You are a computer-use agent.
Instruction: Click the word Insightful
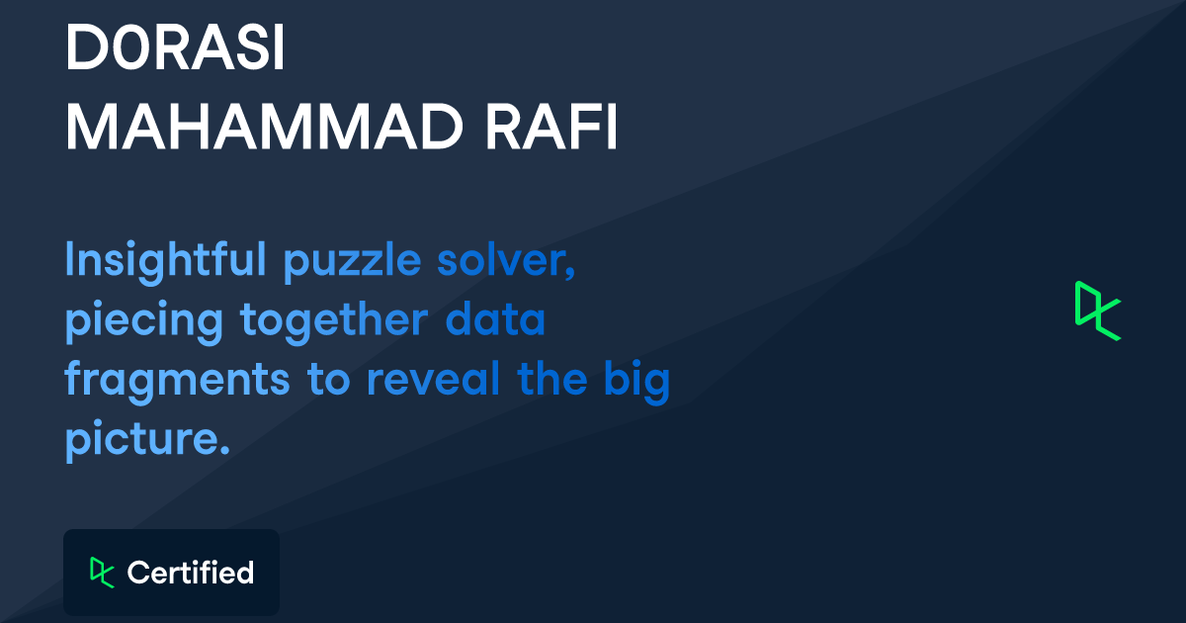pos(165,261)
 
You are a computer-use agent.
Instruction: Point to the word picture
pos(139,439)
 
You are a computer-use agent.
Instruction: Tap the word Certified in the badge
pos(191,573)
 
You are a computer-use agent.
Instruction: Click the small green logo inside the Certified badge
pos(101,573)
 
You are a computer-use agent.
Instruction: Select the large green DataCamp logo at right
pos(1097,311)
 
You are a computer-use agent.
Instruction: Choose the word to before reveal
pos(331,380)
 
